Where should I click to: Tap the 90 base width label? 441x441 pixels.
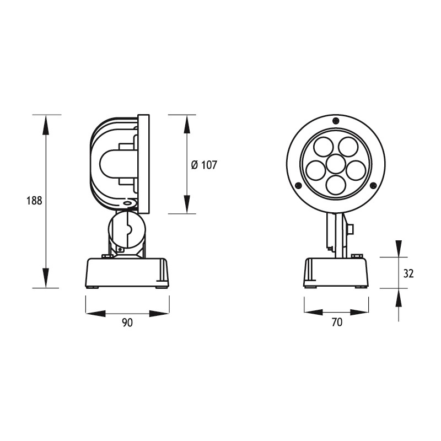coord(127,324)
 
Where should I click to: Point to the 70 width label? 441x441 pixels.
coord(336,324)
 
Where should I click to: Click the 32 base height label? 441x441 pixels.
coord(408,273)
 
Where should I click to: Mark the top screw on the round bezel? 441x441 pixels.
coord(336,121)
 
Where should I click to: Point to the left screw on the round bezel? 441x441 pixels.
coord(298,185)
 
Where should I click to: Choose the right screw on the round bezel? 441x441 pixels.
coord(374,185)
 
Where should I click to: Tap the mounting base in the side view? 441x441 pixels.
coord(127,273)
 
